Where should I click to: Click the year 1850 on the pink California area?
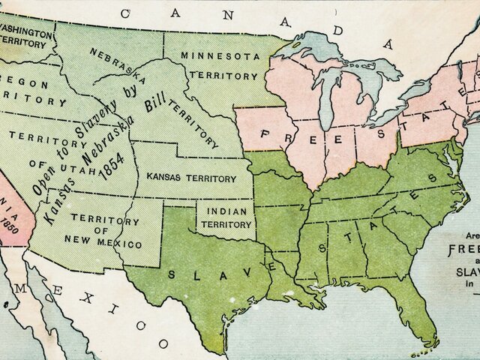pos(10,223)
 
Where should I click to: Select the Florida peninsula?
pos(421,315)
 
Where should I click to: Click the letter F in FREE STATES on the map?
pos(264,134)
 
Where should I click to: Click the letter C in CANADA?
pos(124,13)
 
